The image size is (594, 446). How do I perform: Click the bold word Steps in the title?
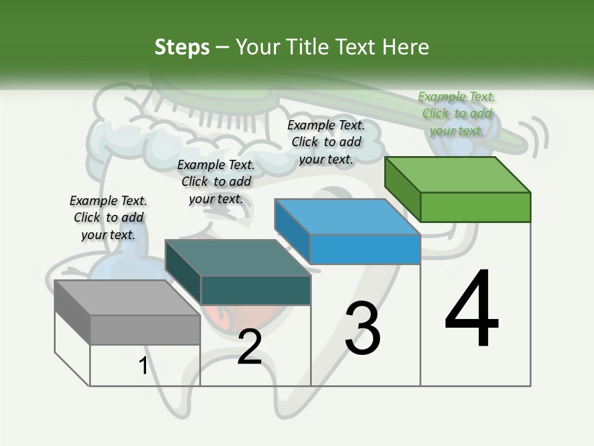tap(181, 47)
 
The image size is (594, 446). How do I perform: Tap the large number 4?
tap(471, 309)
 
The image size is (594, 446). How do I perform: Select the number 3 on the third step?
tap(363, 329)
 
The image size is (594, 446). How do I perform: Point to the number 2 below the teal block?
tap(249, 348)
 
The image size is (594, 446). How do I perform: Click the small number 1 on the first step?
tap(143, 366)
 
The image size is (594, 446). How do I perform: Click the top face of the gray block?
tap(127, 297)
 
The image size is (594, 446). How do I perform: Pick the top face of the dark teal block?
tap(238, 258)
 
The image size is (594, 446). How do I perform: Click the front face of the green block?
tap(475, 207)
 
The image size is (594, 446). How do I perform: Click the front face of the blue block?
tap(365, 249)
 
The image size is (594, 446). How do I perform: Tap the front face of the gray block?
tap(145, 330)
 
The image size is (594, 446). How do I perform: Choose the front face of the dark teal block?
tap(255, 290)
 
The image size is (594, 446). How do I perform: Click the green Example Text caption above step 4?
tap(457, 113)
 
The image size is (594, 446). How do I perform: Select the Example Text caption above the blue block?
tap(326, 142)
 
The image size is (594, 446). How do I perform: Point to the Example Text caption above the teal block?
tap(216, 181)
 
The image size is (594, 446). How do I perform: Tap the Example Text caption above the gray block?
tap(108, 217)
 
